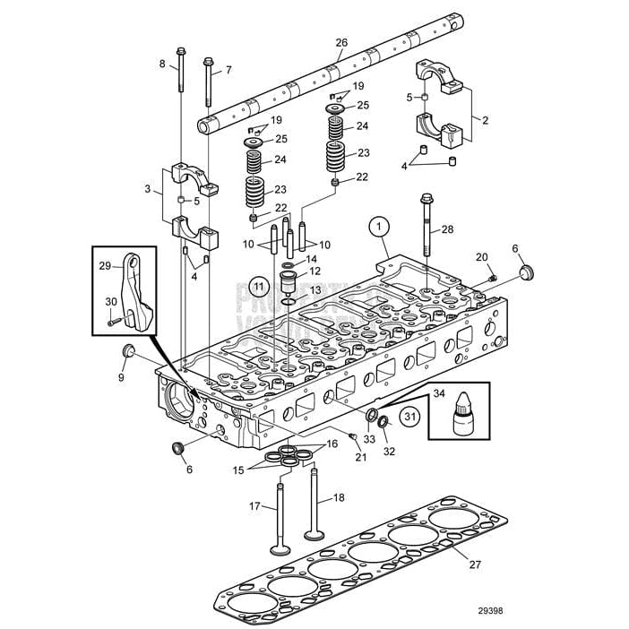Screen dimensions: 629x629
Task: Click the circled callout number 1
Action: click(x=379, y=226)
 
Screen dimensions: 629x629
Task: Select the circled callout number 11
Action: click(x=259, y=287)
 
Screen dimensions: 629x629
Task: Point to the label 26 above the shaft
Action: click(x=340, y=43)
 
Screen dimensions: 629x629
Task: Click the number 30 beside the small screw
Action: click(x=111, y=302)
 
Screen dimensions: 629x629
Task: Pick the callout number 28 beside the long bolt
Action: click(x=447, y=229)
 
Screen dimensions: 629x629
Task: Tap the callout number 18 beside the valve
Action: click(x=338, y=497)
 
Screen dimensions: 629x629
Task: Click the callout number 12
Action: click(x=314, y=271)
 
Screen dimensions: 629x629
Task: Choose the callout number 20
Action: click(x=481, y=258)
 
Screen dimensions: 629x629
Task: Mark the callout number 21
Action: click(x=361, y=457)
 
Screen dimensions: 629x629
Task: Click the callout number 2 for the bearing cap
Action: click(x=485, y=118)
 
